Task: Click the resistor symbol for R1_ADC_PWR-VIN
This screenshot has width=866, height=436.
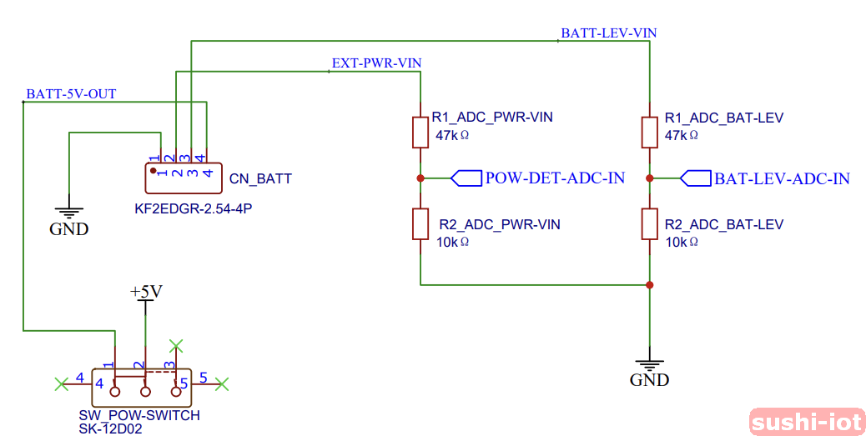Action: (420, 132)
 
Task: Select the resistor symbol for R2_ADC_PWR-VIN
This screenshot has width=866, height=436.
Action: (420, 224)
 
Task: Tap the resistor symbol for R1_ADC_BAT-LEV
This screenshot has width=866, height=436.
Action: (650, 132)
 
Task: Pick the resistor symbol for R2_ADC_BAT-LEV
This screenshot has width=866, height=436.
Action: (650, 224)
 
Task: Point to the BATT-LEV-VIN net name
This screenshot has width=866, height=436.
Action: (608, 33)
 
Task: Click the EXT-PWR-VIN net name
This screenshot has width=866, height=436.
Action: (375, 63)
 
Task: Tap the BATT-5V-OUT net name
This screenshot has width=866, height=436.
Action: (71, 94)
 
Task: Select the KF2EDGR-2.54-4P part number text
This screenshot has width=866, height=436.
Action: (193, 208)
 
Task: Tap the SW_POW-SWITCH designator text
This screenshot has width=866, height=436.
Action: (139, 415)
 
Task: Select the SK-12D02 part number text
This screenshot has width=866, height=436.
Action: (110, 428)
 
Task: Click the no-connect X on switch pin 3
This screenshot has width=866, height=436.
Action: (175, 344)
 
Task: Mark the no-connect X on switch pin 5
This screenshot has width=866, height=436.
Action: (222, 383)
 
